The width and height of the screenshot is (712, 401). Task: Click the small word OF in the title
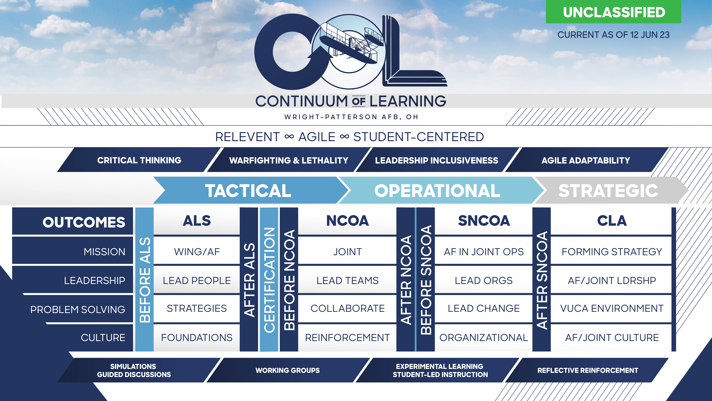click(359, 101)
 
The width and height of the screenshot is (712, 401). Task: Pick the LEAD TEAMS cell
click(347, 280)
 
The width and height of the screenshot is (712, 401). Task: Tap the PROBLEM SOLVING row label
click(78, 309)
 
